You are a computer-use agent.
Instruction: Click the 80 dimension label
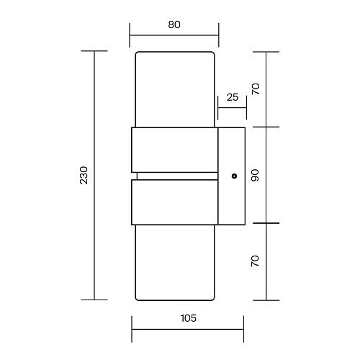coord(174,24)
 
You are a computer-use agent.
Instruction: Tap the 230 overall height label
coord(84,175)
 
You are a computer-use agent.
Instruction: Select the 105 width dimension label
coord(189,318)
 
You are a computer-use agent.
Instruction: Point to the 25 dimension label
coord(233,97)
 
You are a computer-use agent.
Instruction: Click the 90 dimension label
coord(255,175)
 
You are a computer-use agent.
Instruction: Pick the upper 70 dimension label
coord(256,89)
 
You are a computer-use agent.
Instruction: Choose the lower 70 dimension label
coord(255,261)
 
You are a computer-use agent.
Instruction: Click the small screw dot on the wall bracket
coord(235,176)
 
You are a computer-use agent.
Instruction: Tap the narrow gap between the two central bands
coord(177,176)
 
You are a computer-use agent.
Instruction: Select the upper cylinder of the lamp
coord(175,89)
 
